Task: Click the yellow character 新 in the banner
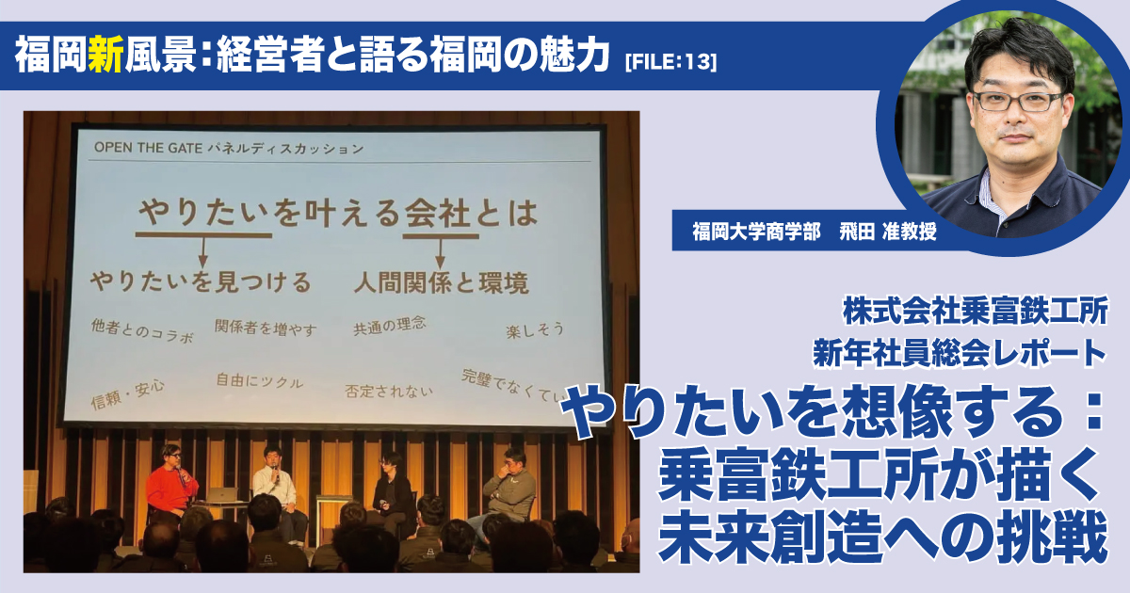pyautogui.click(x=105, y=56)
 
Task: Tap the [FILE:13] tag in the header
pyautogui.click(x=670, y=62)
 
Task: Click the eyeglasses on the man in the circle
pyautogui.click(x=1018, y=101)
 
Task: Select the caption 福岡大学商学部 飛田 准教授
pyautogui.click(x=815, y=232)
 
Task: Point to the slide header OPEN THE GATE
pyautogui.click(x=148, y=148)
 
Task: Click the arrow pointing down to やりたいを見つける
pyautogui.click(x=202, y=251)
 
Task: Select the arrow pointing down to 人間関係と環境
pyautogui.click(x=441, y=253)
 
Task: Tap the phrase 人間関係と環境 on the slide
pyautogui.click(x=442, y=283)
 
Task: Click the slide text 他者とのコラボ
pyautogui.click(x=142, y=330)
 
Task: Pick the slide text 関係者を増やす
pyautogui.click(x=266, y=328)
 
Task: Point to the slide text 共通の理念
pyautogui.click(x=390, y=326)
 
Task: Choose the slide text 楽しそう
pyautogui.click(x=535, y=330)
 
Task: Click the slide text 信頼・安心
pyautogui.click(x=128, y=394)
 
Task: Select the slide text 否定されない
pyautogui.click(x=388, y=392)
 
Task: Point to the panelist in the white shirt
pyautogui.click(x=277, y=484)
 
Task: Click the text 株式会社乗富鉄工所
pyautogui.click(x=976, y=312)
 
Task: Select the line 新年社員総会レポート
pyautogui.click(x=960, y=353)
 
